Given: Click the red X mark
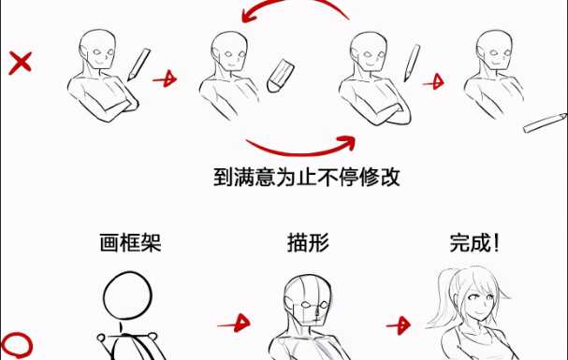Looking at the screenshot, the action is pyautogui.click(x=21, y=63).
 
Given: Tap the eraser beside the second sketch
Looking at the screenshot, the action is pyautogui.click(x=280, y=76).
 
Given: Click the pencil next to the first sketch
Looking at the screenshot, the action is pyautogui.click(x=138, y=65).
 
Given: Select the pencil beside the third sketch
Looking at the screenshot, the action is pyautogui.click(x=412, y=63).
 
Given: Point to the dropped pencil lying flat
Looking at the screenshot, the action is pyautogui.click(x=545, y=122).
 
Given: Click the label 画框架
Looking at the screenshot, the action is pyautogui.click(x=130, y=242).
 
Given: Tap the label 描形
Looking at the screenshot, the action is pyautogui.click(x=308, y=242).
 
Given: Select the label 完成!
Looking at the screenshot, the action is pyautogui.click(x=475, y=242).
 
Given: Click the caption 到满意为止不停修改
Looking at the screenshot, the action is pyautogui.click(x=307, y=177).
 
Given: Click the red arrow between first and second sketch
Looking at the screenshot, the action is pyautogui.click(x=166, y=79).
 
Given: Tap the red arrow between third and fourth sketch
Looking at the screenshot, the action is pyautogui.click(x=433, y=82).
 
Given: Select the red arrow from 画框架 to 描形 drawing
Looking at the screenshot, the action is pyautogui.click(x=234, y=324).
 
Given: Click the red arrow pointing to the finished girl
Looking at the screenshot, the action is pyautogui.click(x=399, y=325).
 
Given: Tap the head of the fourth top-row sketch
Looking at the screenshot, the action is pyautogui.click(x=494, y=50).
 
